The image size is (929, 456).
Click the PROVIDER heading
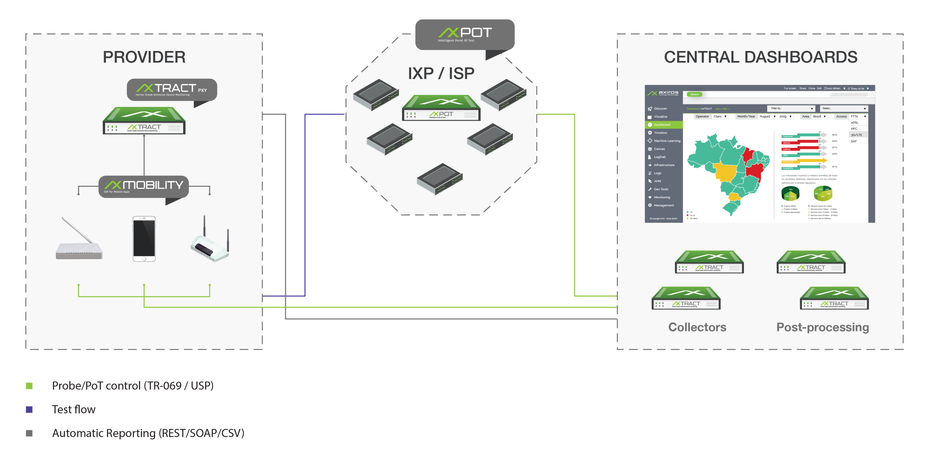point(144,57)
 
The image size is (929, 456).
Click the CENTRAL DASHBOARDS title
point(760,57)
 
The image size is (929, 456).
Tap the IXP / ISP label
point(441,74)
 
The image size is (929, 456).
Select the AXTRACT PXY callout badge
point(172,90)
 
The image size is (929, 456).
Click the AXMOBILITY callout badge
point(143,186)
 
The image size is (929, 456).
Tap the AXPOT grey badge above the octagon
point(465,34)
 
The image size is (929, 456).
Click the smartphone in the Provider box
point(144,239)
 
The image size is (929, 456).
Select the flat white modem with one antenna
point(79,245)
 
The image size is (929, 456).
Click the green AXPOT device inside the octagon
point(441,108)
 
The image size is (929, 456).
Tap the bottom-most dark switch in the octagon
point(440,179)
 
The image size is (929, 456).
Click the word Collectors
point(697,327)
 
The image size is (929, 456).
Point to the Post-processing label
point(822,327)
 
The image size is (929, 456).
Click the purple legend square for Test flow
point(29,410)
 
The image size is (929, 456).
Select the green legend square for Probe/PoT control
point(29,386)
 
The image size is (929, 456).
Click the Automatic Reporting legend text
point(148,433)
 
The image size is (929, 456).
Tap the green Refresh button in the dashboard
point(694,94)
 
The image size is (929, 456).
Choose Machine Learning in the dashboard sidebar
point(667,141)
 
